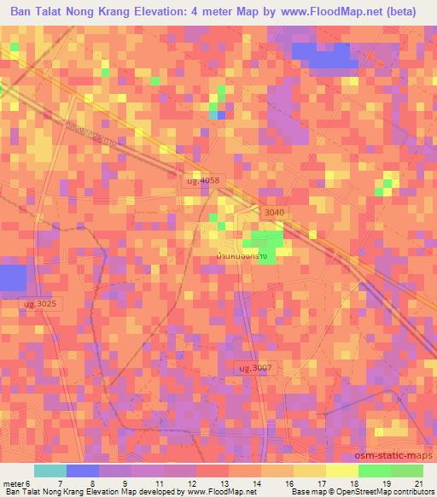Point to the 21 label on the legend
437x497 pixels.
pos(418,482)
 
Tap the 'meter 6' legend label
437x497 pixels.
pos(17,482)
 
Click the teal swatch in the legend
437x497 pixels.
pos(50,471)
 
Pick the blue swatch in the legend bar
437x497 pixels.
pos(83,471)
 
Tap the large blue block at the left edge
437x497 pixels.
pos(12,278)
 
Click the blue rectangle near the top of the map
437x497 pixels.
pos(324,54)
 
